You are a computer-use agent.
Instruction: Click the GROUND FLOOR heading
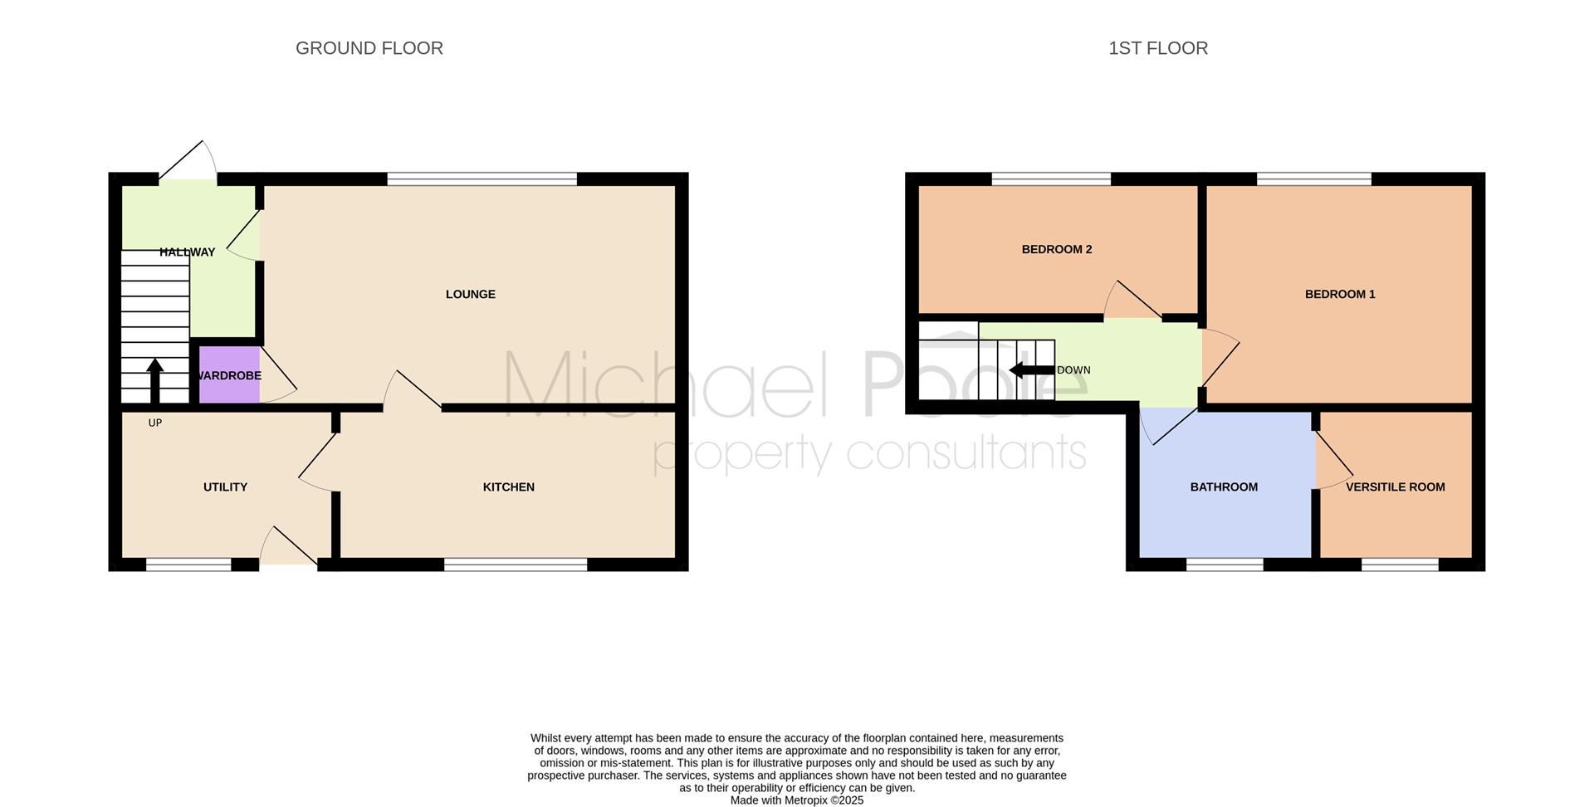369,48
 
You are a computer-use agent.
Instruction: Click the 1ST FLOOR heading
1158,48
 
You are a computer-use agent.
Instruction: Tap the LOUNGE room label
471,294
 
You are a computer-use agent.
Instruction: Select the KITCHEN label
509,487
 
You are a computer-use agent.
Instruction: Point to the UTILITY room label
226,487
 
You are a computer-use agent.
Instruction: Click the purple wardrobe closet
229,374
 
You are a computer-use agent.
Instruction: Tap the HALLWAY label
188,252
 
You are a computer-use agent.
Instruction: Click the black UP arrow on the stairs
155,381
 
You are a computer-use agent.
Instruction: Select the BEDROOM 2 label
1057,249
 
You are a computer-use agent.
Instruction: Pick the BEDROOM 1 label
1340,294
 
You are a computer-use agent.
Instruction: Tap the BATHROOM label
1224,487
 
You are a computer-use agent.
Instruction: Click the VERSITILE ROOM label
1396,487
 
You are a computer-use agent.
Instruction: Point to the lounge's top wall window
482,179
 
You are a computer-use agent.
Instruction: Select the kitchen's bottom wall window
516,565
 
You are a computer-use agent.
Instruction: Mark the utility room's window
188,565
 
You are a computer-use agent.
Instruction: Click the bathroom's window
1225,565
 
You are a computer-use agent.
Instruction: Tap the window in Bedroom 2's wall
1051,179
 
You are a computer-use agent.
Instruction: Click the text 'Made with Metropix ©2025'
797,800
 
